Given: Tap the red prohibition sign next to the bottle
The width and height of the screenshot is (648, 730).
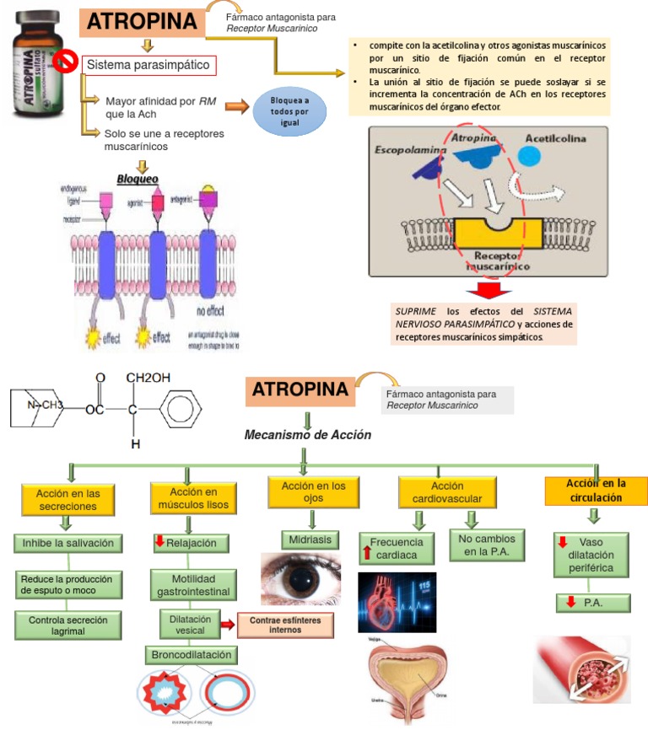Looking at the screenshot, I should (x=64, y=62).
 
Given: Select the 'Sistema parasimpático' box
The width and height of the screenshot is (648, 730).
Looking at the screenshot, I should (x=148, y=64).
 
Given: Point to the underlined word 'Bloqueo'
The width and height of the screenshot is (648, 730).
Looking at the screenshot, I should (x=138, y=179).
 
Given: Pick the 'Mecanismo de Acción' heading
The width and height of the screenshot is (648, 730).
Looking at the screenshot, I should (x=307, y=435).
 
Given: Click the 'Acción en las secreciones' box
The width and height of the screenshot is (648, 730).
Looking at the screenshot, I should (x=67, y=499).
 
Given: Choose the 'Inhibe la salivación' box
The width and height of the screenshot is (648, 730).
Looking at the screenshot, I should (x=67, y=544).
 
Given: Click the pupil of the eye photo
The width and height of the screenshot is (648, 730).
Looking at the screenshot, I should (x=301, y=579).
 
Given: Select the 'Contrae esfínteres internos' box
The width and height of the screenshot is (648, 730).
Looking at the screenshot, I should (x=284, y=625).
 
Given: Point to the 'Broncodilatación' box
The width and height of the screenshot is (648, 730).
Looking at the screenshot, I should (x=192, y=654).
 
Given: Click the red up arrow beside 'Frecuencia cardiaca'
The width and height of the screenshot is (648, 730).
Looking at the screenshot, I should (x=367, y=554).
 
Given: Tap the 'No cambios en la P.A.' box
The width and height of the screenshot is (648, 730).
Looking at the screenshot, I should (x=487, y=545).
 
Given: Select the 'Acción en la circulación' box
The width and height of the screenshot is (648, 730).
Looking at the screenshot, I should (x=596, y=491).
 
